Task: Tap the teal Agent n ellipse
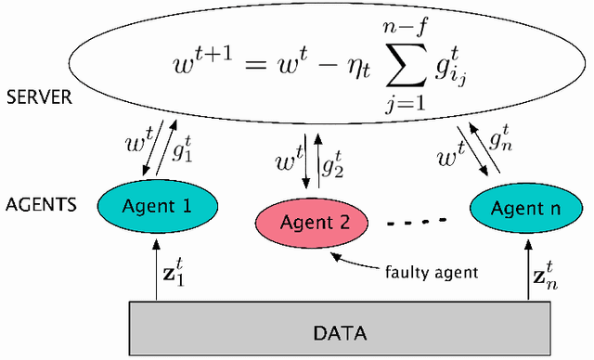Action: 525,206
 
